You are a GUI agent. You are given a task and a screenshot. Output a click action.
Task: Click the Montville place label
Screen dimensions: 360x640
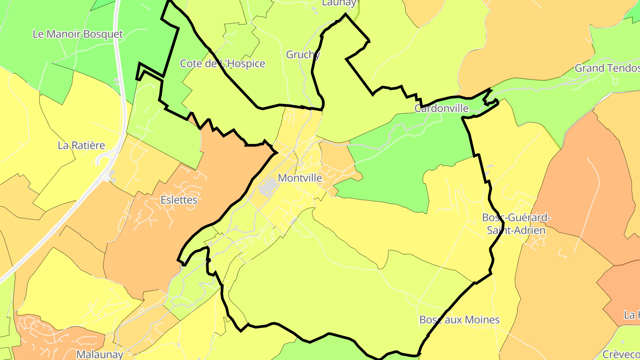click(300, 178)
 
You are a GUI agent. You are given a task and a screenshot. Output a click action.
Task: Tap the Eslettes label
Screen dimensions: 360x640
click(179, 200)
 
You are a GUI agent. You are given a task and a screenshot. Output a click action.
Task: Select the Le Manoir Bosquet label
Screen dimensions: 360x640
click(78, 34)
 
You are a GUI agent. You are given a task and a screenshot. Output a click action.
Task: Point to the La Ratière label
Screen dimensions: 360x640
click(81, 145)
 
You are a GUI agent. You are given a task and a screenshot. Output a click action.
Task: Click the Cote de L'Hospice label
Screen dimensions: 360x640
click(222, 64)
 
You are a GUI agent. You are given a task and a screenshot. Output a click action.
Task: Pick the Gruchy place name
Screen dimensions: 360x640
click(303, 55)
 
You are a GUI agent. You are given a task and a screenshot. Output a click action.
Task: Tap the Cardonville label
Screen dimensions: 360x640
click(441, 108)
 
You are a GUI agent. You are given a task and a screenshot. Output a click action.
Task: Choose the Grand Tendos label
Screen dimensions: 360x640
click(607, 68)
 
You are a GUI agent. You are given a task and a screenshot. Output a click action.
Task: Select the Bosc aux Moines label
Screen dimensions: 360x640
click(460, 320)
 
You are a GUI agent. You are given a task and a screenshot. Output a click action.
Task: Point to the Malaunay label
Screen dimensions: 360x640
click(100, 354)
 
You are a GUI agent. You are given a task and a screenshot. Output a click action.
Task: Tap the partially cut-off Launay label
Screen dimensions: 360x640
click(339, 3)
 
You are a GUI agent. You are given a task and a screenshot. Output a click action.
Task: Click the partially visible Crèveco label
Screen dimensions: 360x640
click(621, 354)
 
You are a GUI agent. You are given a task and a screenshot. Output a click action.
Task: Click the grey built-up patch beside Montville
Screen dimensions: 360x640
click(268, 187)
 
